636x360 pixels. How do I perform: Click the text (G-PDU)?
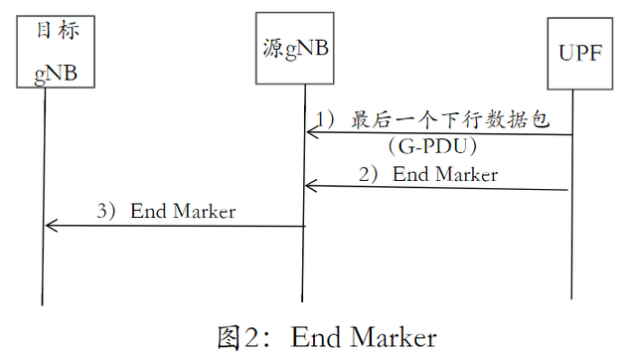[x=435, y=147]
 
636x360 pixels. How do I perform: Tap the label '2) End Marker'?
[x=428, y=174]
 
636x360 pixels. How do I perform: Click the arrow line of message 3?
[x=179, y=226]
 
